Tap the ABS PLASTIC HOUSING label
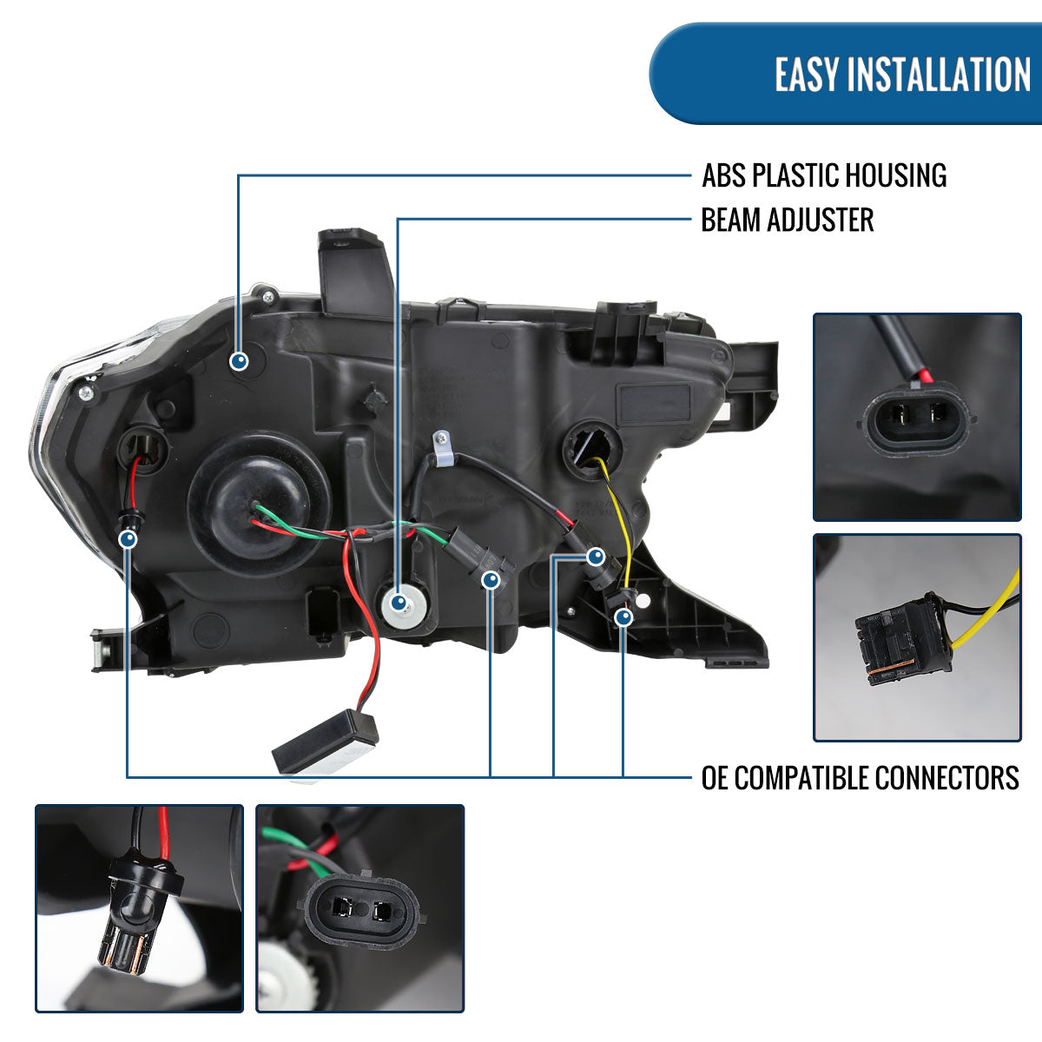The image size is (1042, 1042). (823, 175)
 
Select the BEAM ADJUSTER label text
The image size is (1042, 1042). (787, 221)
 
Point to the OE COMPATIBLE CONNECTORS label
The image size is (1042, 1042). (860, 777)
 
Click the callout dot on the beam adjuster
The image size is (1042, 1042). (399, 601)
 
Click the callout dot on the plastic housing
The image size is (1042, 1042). (240, 360)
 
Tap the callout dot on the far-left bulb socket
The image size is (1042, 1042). (129, 539)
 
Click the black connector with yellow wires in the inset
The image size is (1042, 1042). (904, 641)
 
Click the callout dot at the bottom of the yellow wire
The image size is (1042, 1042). (623, 617)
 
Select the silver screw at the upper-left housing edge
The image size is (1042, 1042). (85, 393)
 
